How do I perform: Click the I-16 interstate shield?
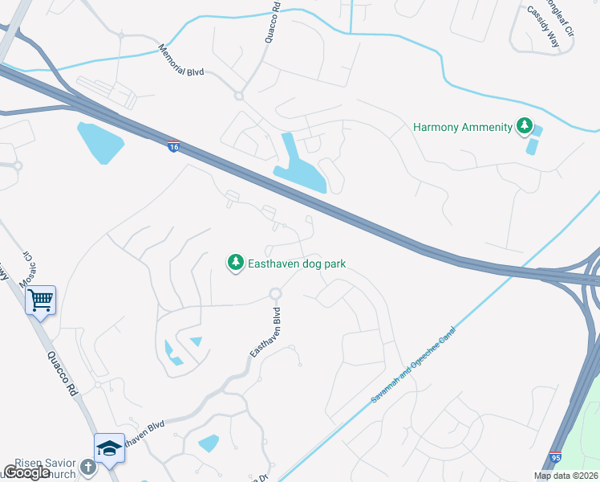click(174, 146)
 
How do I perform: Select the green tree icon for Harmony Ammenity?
click(525, 126)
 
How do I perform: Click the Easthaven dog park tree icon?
click(235, 263)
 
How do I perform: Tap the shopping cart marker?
click(39, 301)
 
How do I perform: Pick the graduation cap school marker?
click(109, 448)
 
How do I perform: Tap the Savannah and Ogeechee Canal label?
click(413, 366)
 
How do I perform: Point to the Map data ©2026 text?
click(566, 476)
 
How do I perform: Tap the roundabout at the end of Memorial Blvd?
click(238, 96)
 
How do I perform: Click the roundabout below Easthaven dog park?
click(275, 294)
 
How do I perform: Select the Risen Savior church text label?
click(48, 466)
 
